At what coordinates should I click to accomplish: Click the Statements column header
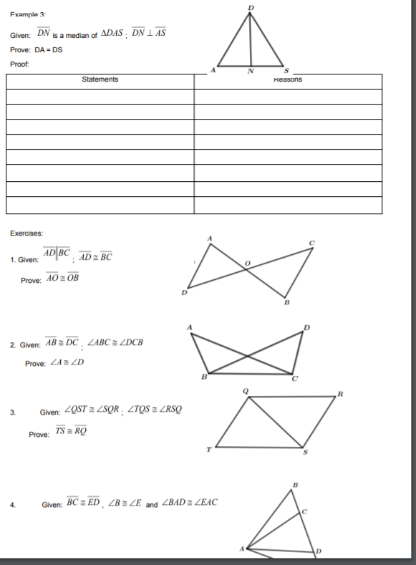100,79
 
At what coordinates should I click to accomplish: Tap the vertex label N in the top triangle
250,71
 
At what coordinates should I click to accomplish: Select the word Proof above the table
21,64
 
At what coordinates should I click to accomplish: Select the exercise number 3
12,412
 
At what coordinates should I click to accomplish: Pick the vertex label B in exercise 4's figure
294,486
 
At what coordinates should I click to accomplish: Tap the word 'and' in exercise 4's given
151,505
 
